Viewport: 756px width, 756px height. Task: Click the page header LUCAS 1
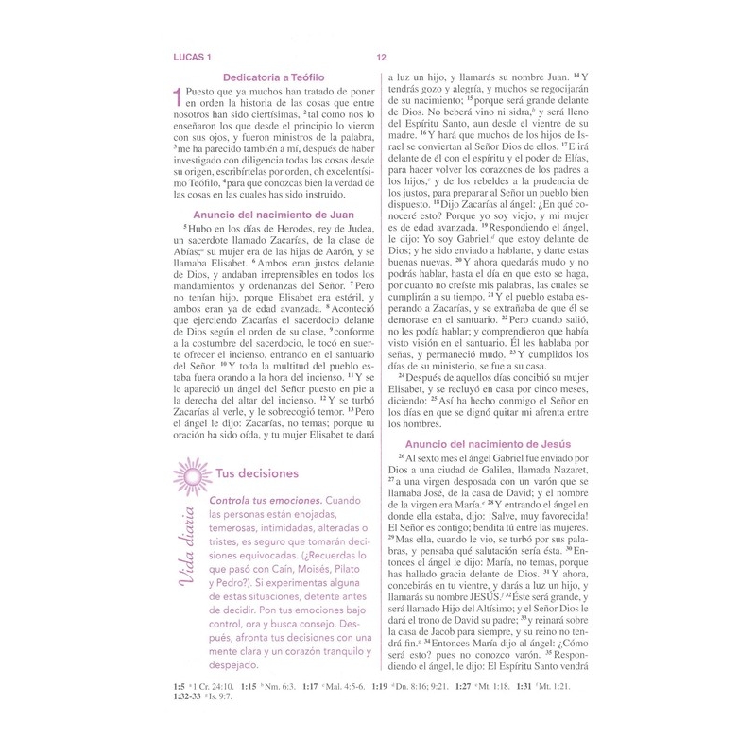pos(188,56)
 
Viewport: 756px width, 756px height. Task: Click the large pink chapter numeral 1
pos(170,97)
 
